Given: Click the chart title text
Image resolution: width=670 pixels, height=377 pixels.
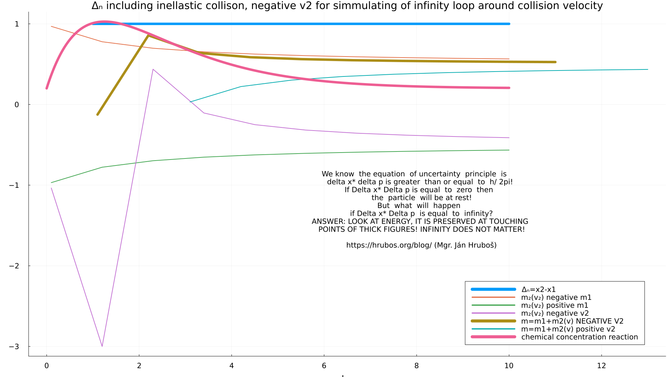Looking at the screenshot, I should (x=347, y=6).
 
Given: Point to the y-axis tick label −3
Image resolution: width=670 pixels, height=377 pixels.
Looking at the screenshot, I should (x=14, y=347).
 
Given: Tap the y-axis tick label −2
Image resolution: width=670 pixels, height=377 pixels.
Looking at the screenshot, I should (x=14, y=266).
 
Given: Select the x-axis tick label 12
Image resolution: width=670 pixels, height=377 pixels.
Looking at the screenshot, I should (x=601, y=366).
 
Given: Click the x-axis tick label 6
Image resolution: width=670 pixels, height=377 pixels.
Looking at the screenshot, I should (x=324, y=366).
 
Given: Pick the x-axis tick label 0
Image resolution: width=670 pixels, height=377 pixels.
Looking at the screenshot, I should (x=46, y=366).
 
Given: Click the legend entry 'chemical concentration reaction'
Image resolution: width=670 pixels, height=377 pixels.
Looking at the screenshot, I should (x=579, y=337).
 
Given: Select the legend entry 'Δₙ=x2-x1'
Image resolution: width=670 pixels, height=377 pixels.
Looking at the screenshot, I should (x=538, y=289).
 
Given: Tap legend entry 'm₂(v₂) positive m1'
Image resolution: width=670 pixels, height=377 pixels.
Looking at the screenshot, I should (x=554, y=305).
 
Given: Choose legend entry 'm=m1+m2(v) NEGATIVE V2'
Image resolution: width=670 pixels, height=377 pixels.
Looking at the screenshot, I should (x=572, y=321).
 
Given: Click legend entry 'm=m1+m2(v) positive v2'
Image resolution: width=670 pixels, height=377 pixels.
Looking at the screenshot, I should (x=568, y=329).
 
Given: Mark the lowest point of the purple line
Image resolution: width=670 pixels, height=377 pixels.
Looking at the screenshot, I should (x=102, y=346).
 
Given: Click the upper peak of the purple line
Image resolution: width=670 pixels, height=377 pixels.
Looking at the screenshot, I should (x=153, y=69).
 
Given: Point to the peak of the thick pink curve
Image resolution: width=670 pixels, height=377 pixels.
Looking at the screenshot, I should (x=104, y=22).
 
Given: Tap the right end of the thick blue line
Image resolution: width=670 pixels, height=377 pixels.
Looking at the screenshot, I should (x=509, y=24).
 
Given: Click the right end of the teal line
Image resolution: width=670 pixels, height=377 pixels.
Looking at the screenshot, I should (x=648, y=69).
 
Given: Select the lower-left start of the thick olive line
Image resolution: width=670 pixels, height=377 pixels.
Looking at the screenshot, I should (x=97, y=114).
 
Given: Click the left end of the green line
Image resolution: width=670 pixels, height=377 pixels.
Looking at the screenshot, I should (x=51, y=183).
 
